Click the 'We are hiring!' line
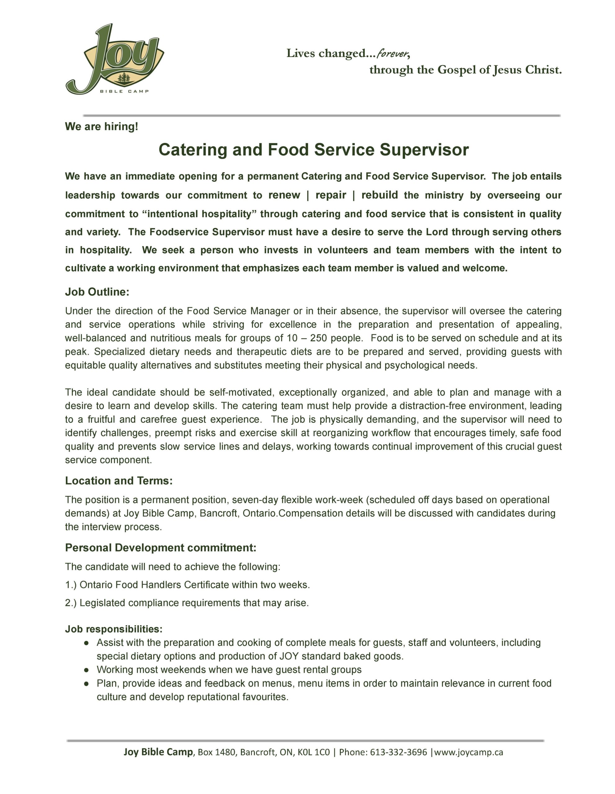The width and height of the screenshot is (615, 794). (x=101, y=127)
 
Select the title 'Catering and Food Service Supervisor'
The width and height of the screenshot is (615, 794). (x=314, y=150)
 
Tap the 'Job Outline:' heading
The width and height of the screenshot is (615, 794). (x=97, y=292)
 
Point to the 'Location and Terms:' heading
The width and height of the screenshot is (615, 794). (x=118, y=481)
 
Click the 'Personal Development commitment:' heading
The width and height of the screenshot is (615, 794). (x=161, y=547)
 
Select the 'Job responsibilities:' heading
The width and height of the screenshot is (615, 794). (x=114, y=629)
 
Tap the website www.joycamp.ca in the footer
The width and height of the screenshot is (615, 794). (x=469, y=752)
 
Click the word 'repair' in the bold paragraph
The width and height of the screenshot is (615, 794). (x=331, y=195)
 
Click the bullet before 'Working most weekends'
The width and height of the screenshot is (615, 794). (x=87, y=670)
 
